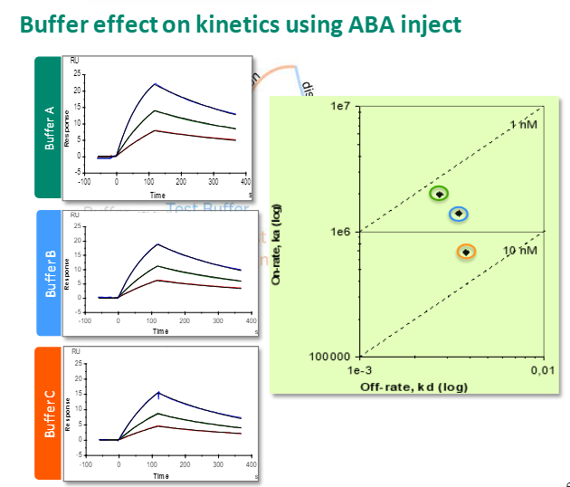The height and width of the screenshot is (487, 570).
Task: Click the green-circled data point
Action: [x=440, y=194]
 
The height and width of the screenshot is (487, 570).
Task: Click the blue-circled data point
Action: [x=459, y=214]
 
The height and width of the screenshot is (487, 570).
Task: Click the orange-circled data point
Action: [x=466, y=252]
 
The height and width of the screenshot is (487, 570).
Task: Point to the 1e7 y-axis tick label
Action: [x=341, y=107]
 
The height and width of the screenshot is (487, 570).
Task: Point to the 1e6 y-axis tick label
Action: [x=341, y=232]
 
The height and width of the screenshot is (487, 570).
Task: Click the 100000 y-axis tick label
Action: [x=331, y=356]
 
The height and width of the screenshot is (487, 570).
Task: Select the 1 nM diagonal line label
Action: [x=522, y=125]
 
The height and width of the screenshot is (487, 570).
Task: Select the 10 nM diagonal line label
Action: [x=518, y=249]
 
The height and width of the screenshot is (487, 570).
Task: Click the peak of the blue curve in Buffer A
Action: [x=155, y=84]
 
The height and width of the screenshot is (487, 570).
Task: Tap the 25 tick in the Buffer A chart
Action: [x=79, y=73]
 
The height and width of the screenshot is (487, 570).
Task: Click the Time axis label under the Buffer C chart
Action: [x=160, y=476]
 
